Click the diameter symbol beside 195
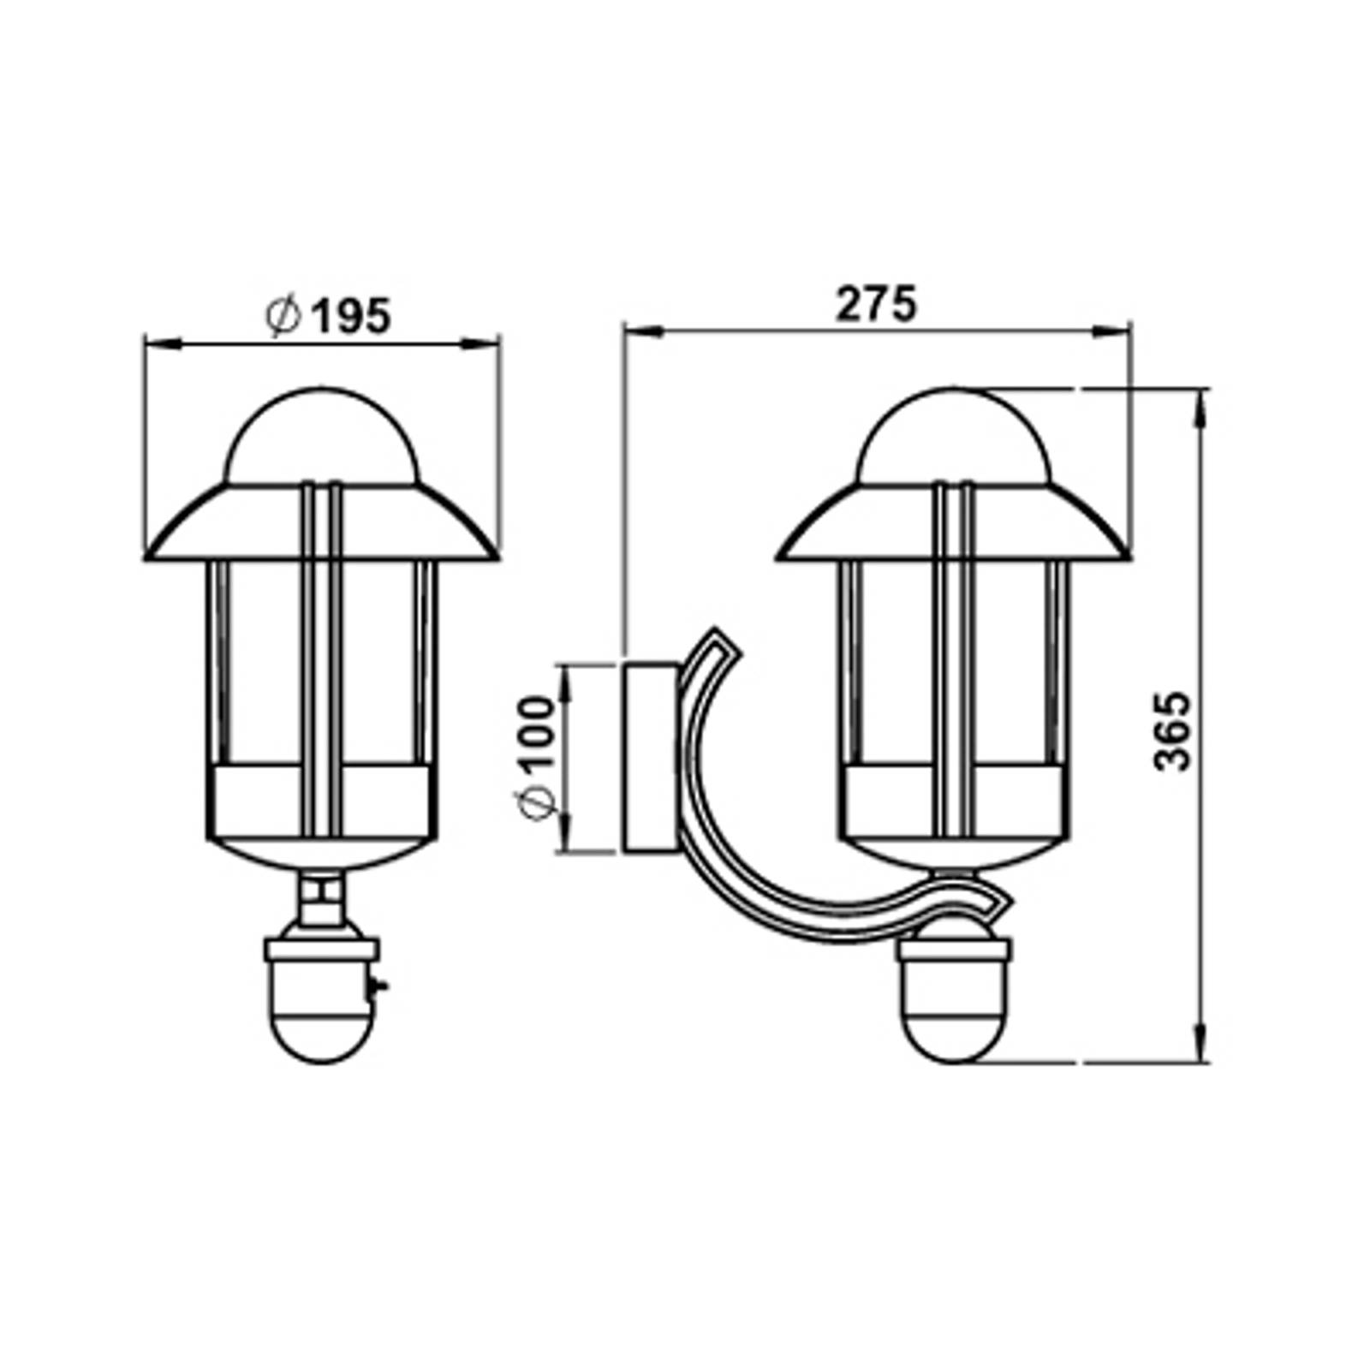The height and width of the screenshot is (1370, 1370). [283, 316]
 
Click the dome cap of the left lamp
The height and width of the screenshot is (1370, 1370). [322, 437]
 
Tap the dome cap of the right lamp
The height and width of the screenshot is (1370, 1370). [953, 437]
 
